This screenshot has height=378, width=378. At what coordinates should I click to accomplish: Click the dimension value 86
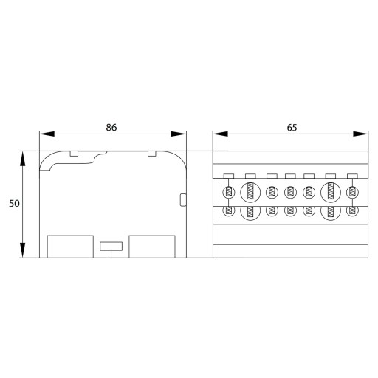pyautogui.click(x=111, y=128)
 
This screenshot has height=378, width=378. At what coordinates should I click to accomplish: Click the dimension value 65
pyautogui.click(x=292, y=128)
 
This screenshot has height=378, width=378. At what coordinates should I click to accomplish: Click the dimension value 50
pyautogui.click(x=14, y=204)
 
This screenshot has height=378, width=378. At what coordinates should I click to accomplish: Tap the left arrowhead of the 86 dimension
pyautogui.click(x=47, y=134)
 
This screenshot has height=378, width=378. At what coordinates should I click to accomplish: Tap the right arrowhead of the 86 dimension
pyautogui.click(x=179, y=134)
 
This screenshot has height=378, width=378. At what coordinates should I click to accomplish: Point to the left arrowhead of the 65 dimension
pyautogui.click(x=220, y=134)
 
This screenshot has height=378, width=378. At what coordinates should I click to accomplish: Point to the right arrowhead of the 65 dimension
pyautogui.click(x=360, y=134)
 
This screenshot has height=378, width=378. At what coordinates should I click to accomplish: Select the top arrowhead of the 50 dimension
pyautogui.click(x=23, y=159)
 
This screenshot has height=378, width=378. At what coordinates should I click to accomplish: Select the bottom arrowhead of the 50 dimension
pyautogui.click(x=23, y=250)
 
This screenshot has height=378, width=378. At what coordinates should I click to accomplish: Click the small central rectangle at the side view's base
pyautogui.click(x=111, y=247)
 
